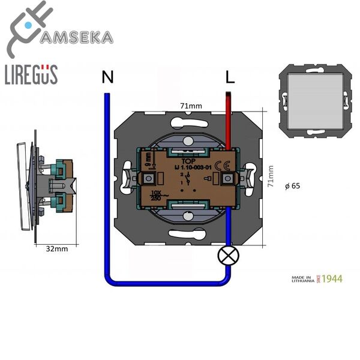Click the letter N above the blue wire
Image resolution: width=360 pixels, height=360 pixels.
(107, 77)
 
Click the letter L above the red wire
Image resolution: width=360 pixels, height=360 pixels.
(229, 77)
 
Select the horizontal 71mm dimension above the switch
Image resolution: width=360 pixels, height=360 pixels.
(191, 106)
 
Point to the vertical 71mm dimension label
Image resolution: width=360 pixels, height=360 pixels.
(272, 178)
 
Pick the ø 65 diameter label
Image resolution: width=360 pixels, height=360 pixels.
(293, 187)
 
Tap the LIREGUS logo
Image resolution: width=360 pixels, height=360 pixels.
(31, 74)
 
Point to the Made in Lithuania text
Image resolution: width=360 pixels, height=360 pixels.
(303, 279)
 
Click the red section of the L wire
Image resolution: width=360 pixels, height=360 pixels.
(229, 120)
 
